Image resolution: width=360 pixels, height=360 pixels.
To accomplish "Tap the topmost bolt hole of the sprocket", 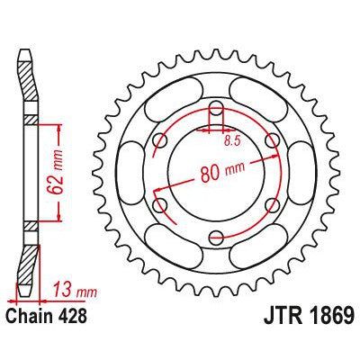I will tap(217, 110).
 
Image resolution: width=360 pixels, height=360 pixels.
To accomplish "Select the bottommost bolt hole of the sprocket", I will tap(217, 238).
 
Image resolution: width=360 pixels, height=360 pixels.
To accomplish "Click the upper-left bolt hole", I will tap(161, 141).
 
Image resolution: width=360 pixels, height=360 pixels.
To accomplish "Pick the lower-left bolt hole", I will tap(161, 206).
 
